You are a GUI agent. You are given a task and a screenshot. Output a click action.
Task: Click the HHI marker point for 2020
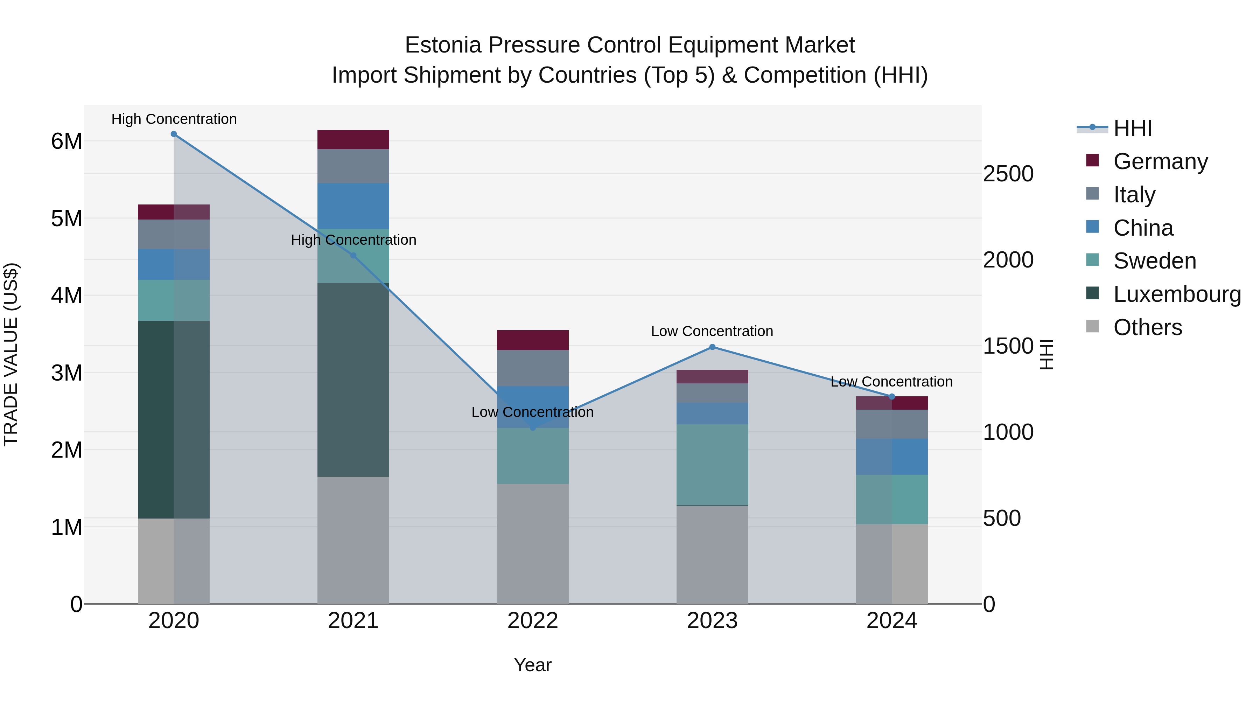[x=174, y=134]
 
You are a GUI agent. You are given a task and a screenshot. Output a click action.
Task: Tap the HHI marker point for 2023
[x=712, y=347]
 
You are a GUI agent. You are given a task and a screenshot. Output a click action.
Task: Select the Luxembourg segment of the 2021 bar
[x=353, y=379]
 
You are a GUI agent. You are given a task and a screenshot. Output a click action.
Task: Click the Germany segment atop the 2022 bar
[x=533, y=340]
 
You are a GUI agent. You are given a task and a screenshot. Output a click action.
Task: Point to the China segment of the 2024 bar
[x=892, y=457]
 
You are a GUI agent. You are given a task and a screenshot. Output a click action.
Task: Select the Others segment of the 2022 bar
[x=533, y=543]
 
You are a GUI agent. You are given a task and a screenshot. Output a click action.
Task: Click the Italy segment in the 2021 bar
[x=353, y=166]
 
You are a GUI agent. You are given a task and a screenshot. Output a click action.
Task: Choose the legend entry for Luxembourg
[x=1177, y=294]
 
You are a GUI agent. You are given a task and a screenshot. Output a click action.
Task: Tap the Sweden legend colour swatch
[x=1092, y=260]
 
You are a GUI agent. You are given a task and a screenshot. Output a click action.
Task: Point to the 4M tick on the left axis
[x=66, y=296]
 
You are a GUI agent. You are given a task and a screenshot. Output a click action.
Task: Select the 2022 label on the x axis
[x=533, y=621]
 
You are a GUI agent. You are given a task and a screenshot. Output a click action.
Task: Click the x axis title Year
[x=533, y=665]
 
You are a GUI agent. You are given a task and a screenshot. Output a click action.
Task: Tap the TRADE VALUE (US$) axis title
[x=11, y=354]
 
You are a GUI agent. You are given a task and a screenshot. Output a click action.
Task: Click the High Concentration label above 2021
[x=353, y=240]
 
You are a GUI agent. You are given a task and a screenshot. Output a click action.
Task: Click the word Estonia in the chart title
[x=443, y=45]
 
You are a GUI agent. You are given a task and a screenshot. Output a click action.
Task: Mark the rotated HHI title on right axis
[x=1046, y=354]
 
